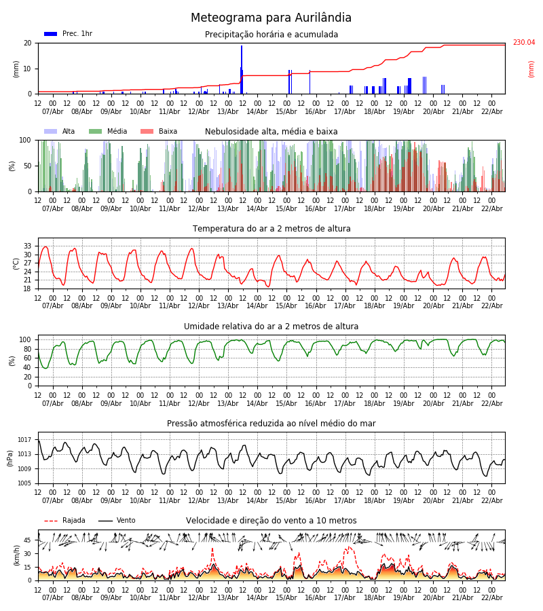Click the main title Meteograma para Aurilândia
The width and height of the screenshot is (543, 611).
pos(271,18)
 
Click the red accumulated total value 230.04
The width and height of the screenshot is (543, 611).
pos(523,43)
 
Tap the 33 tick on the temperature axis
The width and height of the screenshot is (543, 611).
pos(28,246)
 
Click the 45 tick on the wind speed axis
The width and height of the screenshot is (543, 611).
pos(28,540)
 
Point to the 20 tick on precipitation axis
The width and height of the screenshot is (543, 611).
pos(28,43)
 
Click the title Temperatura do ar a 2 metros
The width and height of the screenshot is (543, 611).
pos(271,229)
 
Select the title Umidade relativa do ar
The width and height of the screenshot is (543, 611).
pos(271,327)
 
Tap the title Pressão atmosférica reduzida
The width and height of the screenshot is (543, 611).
pos(271,424)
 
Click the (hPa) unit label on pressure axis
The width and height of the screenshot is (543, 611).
pos(10,458)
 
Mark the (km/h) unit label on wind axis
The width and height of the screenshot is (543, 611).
pos(16,555)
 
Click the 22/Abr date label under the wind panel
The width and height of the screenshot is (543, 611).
pos(492,597)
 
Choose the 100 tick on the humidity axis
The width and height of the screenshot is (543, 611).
pos(25,339)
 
